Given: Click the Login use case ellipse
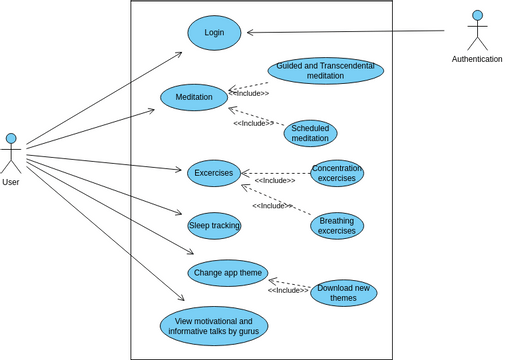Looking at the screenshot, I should (214, 32).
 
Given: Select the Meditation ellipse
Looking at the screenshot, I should (194, 97).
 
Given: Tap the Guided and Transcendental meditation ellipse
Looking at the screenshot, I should (325, 70).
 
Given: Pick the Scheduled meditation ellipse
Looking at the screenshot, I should (310, 133).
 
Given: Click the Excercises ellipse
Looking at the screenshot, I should (213, 173).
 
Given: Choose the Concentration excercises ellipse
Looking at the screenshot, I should (336, 173).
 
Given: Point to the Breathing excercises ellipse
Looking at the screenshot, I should (336, 226).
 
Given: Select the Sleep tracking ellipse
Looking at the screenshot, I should (214, 226).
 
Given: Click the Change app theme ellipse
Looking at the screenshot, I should (228, 272).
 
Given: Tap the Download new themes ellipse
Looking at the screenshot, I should (343, 293).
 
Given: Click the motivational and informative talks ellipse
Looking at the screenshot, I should (214, 326).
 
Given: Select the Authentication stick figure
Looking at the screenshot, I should (477, 29).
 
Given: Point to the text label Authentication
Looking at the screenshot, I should (477, 59).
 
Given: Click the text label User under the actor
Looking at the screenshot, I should (11, 182).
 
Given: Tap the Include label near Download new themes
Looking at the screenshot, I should (288, 290).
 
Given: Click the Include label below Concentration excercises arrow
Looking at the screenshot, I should (275, 181).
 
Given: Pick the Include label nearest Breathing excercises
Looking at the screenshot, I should (272, 206).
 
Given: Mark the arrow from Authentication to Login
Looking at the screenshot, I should (345, 32).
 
